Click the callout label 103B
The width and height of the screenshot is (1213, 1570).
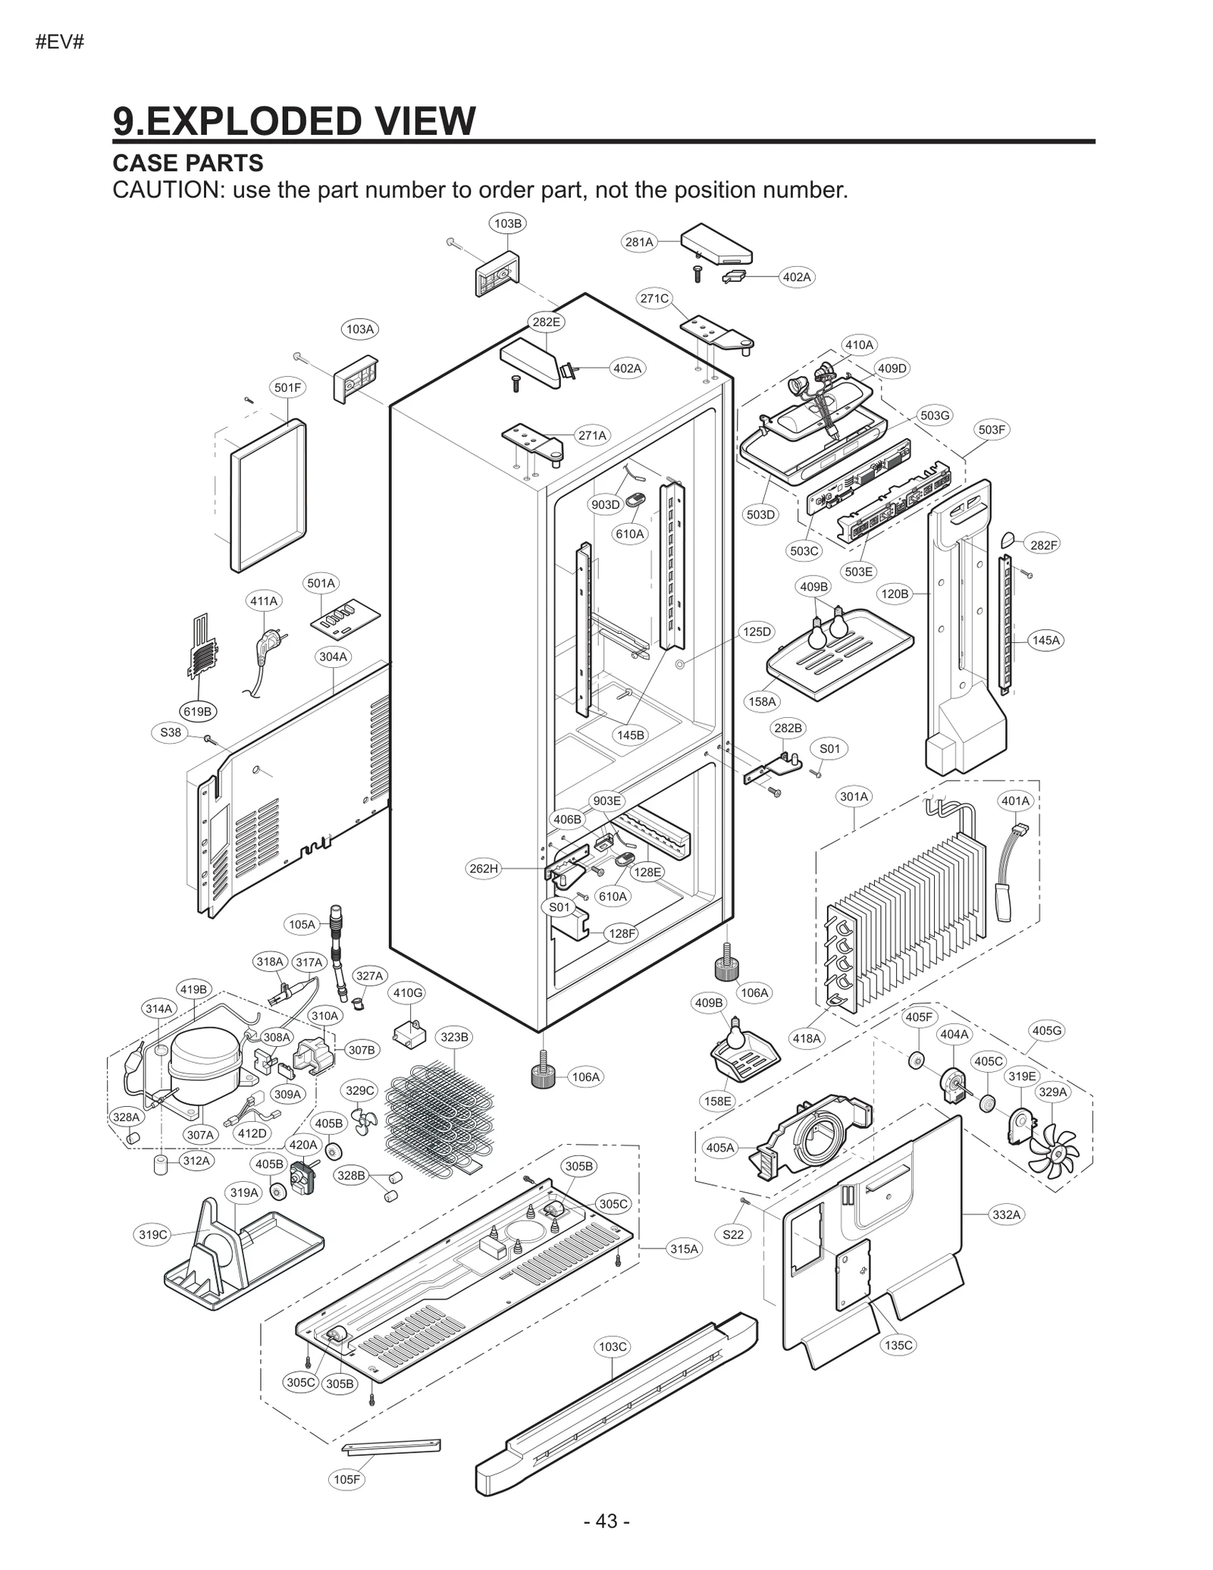507,223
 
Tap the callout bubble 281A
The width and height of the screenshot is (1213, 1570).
638,242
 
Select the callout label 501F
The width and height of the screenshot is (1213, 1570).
287,387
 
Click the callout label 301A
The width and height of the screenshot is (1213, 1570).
854,796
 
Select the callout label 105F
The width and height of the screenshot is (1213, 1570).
347,1479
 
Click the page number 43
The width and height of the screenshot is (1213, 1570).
606,1521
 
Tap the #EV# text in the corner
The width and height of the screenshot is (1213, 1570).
60,42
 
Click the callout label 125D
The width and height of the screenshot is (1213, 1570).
756,631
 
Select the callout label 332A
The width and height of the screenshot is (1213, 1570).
1006,1214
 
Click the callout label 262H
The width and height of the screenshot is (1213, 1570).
484,868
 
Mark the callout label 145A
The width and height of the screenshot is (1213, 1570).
1045,640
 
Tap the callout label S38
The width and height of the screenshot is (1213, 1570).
171,732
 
